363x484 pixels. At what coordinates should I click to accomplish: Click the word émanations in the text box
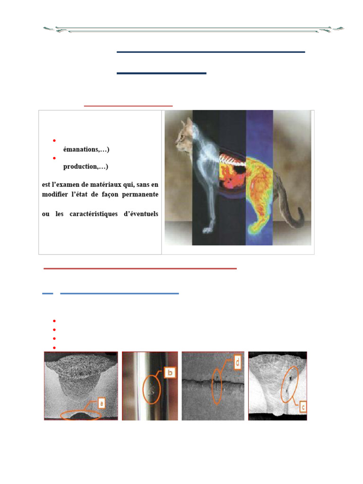pyautogui.click(x=81, y=150)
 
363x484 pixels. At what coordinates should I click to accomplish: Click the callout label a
pyautogui.click(x=101, y=403)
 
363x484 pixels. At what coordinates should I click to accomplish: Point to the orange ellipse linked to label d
pyautogui.click(x=217, y=386)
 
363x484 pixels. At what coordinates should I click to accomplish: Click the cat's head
pyautogui.click(x=183, y=134)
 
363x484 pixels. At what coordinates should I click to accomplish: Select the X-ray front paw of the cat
pyautogui.click(x=207, y=230)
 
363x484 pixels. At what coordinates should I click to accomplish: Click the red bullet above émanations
pyautogui.click(x=55, y=141)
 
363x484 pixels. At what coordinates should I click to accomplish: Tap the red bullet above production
pyautogui.click(x=55, y=158)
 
